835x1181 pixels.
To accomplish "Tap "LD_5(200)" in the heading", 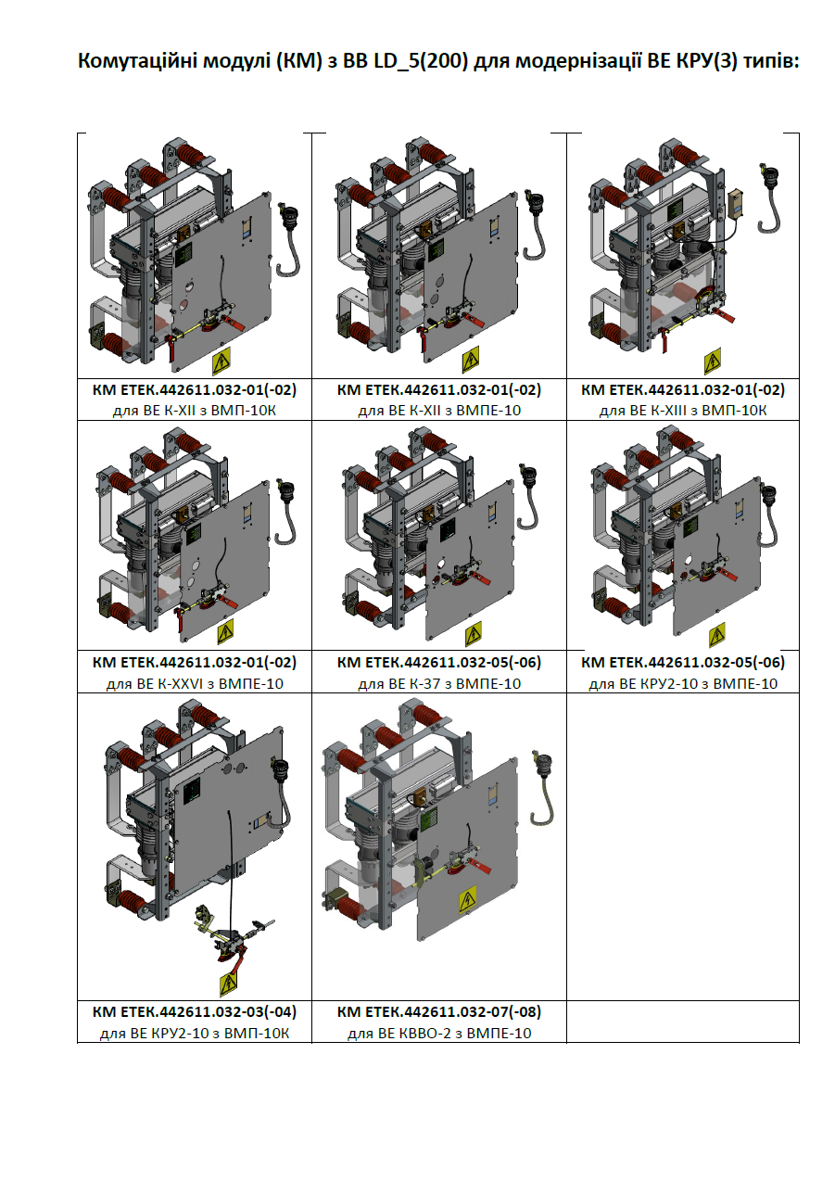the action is pos(421,62).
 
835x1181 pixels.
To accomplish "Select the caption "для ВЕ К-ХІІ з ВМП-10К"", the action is pos(195,410).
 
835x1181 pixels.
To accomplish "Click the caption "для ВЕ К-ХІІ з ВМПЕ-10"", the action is pos(439,410).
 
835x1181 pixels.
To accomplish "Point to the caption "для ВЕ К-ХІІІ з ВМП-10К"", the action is pos(683,410).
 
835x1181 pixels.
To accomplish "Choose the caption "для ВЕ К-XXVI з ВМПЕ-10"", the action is pos(195,684).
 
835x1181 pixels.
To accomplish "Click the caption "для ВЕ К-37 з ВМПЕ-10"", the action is pos(439,684).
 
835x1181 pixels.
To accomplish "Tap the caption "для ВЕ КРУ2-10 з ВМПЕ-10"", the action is pos(683,684).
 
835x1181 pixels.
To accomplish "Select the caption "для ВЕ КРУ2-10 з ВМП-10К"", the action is pos(195,1034).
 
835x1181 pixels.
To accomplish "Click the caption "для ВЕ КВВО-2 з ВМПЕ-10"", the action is pos(439,1034).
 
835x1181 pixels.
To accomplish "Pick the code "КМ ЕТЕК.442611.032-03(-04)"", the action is pos(195,1011).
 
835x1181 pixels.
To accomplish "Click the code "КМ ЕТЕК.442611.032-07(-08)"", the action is pos(439,1011).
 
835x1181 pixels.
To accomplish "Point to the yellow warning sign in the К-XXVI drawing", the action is pos(225,631).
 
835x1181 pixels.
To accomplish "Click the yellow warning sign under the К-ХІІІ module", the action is pos(712,361).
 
